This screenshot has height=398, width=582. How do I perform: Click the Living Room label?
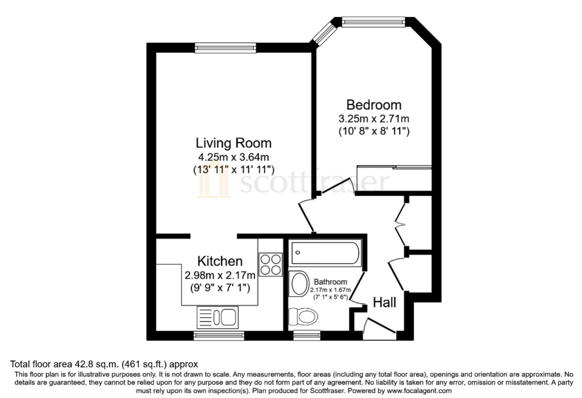click(234, 143)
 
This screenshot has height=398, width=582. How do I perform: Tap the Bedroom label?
click(374, 105)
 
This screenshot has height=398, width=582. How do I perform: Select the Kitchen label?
click(220, 261)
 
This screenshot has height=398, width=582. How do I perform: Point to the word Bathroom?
click(330, 282)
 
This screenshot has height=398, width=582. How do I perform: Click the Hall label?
click(385, 302)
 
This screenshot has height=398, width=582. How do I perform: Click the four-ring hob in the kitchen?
click(270, 264)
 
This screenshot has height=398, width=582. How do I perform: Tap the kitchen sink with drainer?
click(218, 317)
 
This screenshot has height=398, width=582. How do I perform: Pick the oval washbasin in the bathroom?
click(300, 284)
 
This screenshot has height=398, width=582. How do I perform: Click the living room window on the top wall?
click(226, 48)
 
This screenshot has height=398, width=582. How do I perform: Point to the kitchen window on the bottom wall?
click(219, 335)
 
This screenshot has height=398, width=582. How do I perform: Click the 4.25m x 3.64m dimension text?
click(234, 157)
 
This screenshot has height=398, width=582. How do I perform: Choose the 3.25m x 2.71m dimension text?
click(374, 119)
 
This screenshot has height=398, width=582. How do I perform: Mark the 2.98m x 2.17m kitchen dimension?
click(220, 276)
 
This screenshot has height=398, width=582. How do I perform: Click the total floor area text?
click(104, 364)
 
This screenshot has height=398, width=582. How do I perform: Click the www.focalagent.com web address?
click(419, 391)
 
